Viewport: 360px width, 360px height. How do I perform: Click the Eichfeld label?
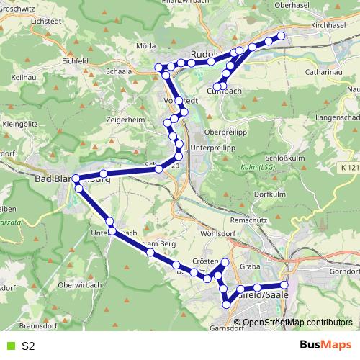(76, 60)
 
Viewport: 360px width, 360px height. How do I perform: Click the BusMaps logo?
(326, 346)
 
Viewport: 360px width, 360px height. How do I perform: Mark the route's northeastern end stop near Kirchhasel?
(282, 36)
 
